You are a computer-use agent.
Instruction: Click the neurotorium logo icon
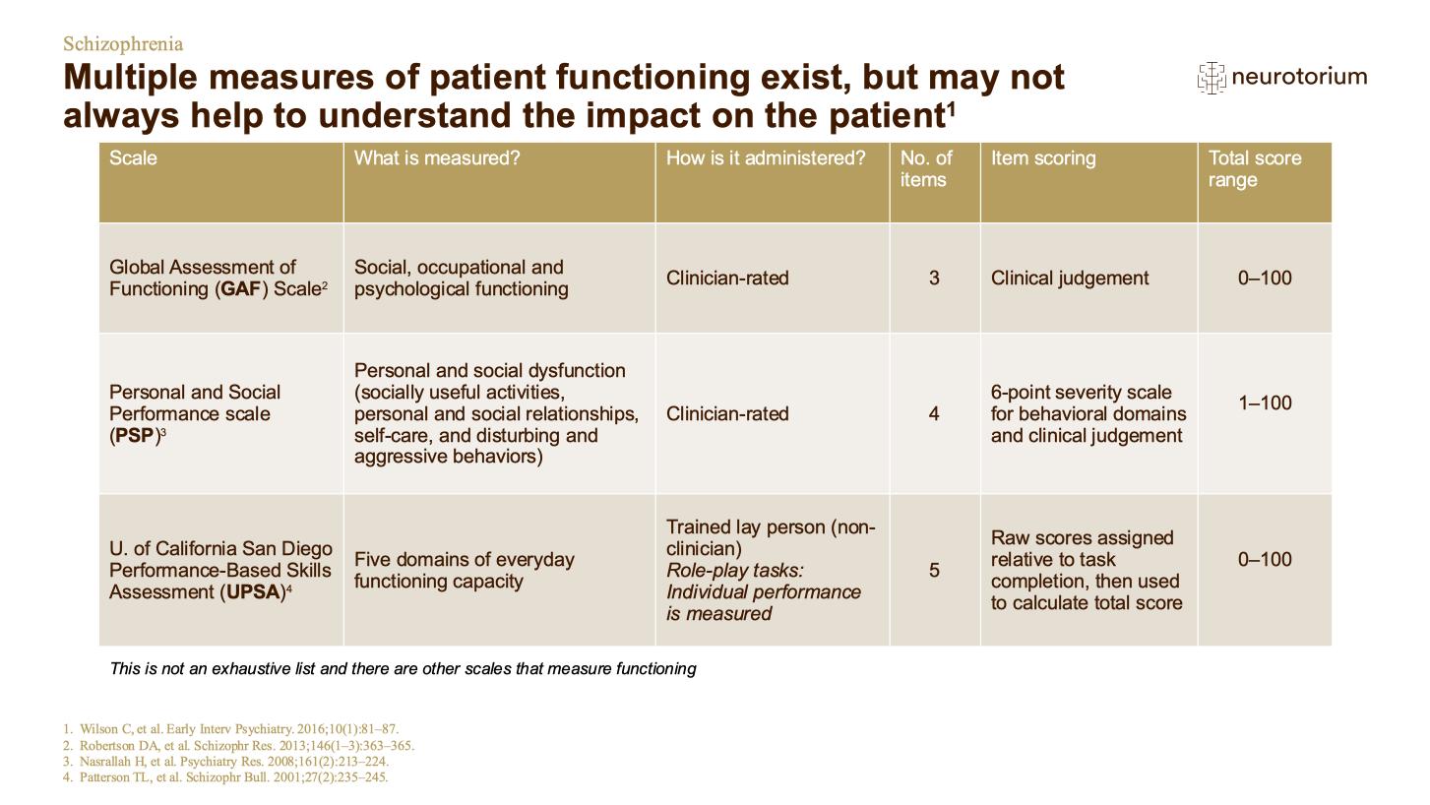tap(1212, 78)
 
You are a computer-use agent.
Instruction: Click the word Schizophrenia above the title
tap(123, 43)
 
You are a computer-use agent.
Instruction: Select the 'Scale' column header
tap(133, 157)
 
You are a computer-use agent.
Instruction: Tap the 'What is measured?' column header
tap(437, 157)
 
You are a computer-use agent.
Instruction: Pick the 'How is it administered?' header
tap(766, 157)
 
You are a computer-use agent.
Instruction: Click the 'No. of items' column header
tap(926, 168)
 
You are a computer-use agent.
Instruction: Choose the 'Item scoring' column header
tap(1043, 157)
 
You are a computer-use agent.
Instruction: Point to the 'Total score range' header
tap(1255, 168)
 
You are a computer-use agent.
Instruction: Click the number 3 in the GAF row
tap(934, 278)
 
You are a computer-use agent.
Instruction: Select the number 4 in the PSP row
tap(934, 413)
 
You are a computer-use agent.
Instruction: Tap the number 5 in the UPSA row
tap(934, 570)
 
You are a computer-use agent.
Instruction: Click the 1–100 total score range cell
tap(1265, 402)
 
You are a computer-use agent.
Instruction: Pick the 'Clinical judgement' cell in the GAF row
tap(1070, 279)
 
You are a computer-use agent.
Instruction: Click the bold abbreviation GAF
tap(240, 289)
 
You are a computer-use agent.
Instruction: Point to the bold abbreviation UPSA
tap(254, 591)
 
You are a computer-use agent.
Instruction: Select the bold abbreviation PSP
tap(135, 435)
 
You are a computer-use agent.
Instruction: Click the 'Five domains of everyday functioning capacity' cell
tap(465, 570)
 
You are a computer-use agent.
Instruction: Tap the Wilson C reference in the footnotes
tap(230, 729)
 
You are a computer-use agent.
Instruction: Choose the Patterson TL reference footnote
tap(225, 777)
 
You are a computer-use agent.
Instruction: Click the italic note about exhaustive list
tap(403, 668)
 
